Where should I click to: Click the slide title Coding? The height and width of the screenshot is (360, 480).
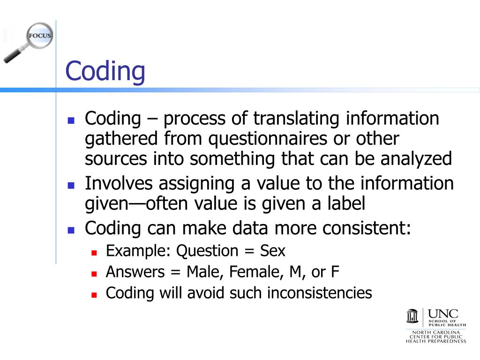coord(105,72)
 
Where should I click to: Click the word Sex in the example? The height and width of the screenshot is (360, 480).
coord(273,251)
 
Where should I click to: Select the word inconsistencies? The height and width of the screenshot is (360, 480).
coord(320,293)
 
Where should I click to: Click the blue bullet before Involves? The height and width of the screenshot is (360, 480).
coord(71,185)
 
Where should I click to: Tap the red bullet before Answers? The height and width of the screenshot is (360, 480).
coord(94,273)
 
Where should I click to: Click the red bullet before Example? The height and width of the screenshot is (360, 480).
coord(94,253)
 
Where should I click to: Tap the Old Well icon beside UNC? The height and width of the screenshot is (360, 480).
coord(412,316)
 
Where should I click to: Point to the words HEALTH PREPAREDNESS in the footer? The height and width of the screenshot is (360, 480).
coord(436,341)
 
